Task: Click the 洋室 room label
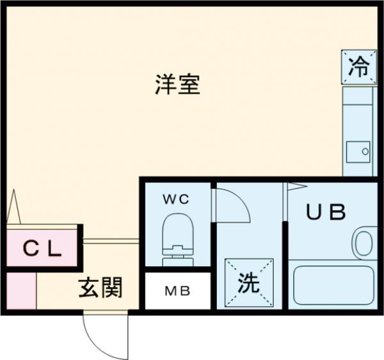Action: pos(177,84)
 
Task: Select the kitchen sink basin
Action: pos(358,152)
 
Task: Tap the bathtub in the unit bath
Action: pos(332,285)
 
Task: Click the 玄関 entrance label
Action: pos(100,289)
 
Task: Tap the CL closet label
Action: pos(43,249)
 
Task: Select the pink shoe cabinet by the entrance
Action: pos(21,291)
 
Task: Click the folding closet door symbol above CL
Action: pos(15,208)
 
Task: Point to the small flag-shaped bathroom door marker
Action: pos(298,187)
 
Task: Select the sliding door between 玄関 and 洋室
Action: pos(111,241)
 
